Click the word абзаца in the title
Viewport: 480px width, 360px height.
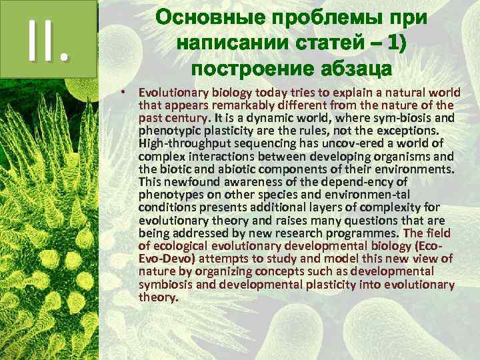point(359,69)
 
